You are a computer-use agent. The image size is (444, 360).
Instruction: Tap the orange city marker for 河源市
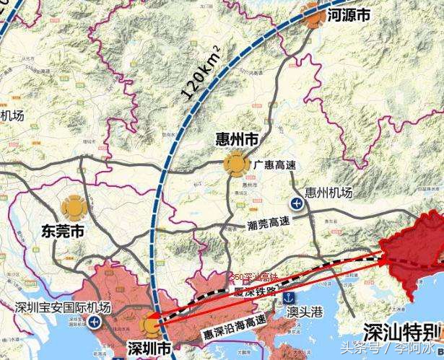(313, 15)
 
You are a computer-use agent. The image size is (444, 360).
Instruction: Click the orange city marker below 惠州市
(235, 165)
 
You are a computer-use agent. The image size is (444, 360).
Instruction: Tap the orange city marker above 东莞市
(73, 208)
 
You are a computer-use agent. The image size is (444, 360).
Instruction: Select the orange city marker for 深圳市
(150, 324)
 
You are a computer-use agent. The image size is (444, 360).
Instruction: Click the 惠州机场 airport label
(329, 193)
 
